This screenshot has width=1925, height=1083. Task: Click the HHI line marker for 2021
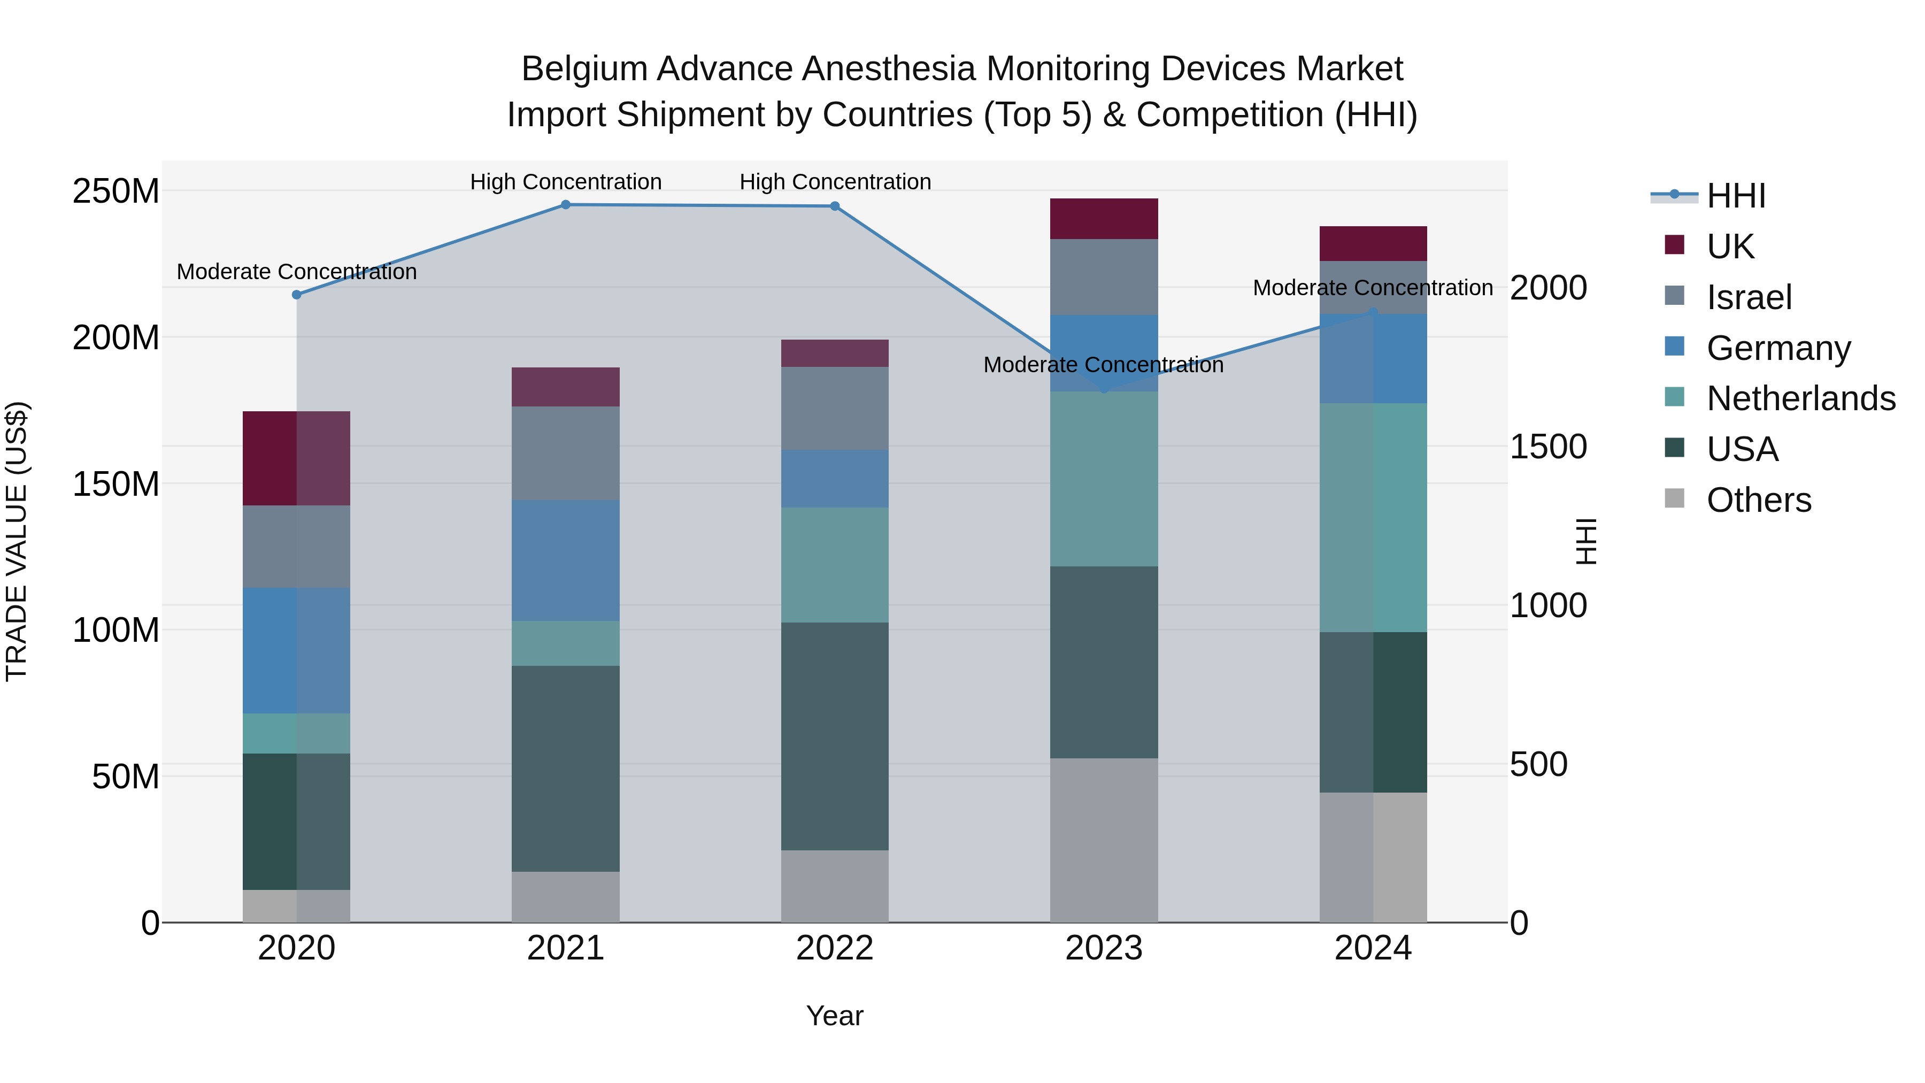[565, 205]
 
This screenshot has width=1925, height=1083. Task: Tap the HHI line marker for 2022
[835, 206]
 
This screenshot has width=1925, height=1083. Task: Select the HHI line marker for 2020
[297, 295]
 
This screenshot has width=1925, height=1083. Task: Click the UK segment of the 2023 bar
[1104, 219]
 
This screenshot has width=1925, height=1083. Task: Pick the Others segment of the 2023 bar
[1104, 840]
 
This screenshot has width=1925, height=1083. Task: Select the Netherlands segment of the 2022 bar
[835, 565]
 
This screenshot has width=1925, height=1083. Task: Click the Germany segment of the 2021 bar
[565, 560]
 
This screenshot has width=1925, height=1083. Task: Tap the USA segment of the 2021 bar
[565, 769]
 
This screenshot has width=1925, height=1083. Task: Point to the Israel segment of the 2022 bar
[835, 408]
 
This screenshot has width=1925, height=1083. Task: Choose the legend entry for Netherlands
[1801, 398]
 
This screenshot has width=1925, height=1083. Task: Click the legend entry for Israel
[1749, 297]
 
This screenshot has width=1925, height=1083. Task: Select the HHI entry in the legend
[1735, 196]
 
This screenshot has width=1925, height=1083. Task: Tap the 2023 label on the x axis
[1104, 948]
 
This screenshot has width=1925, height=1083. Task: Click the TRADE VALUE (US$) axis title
[17, 541]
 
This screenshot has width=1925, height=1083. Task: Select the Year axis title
[835, 1016]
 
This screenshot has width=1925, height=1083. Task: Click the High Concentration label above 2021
[566, 182]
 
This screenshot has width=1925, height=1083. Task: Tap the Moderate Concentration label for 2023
[1103, 365]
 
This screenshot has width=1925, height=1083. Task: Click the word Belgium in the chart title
[583, 69]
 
